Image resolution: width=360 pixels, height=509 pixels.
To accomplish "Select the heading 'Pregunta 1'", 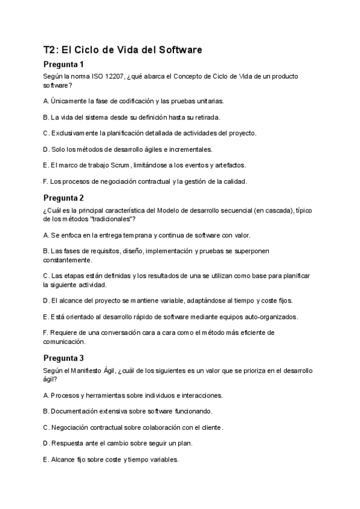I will [x=64, y=65].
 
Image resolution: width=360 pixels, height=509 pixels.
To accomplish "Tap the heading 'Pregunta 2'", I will [x=64, y=197].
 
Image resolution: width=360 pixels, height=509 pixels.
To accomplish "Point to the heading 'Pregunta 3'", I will [x=64, y=358].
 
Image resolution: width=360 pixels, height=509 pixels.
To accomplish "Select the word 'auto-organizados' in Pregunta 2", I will [x=286, y=316].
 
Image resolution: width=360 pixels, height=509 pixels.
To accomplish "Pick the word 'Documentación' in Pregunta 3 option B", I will [x=77, y=411].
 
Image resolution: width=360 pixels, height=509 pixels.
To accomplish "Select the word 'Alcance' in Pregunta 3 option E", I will [x=65, y=460].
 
